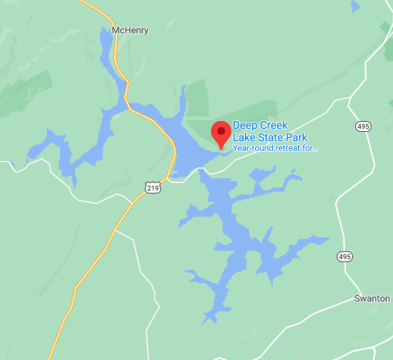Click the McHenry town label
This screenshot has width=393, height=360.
click(129, 31)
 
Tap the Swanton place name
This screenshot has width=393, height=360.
click(372, 298)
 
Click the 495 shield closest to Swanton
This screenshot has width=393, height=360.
click(343, 255)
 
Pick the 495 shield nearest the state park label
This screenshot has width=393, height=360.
click(363, 126)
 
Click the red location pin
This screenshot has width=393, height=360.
click(221, 133)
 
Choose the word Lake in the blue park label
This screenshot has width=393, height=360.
click(243, 137)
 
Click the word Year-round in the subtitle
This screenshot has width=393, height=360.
click(254, 147)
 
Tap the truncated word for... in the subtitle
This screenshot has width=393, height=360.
click(311, 147)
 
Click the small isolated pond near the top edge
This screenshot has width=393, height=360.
click(354, 7)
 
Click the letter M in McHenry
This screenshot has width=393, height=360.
click(116, 31)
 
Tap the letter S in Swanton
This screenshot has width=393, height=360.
click(357, 298)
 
